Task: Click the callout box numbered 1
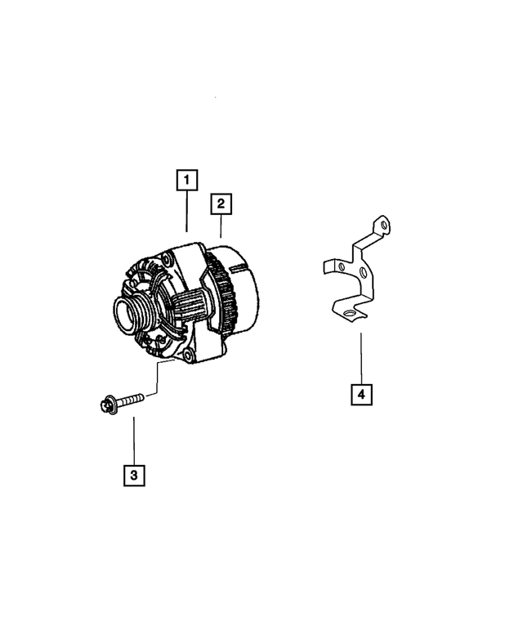pyautogui.click(x=186, y=179)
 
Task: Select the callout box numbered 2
pyautogui.click(x=221, y=203)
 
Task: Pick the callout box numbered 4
pyautogui.click(x=361, y=395)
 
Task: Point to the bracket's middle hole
pyautogui.click(x=363, y=271)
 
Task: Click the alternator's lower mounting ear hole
pyautogui.click(x=190, y=355)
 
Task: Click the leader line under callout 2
pyautogui.click(x=221, y=226)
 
